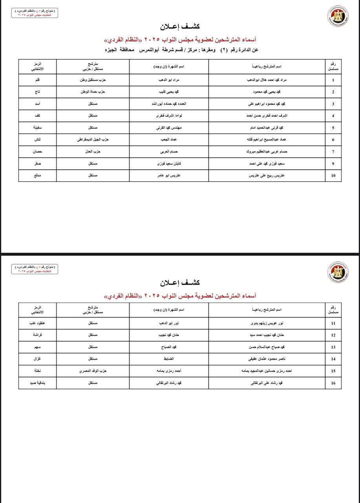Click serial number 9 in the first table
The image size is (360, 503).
333,163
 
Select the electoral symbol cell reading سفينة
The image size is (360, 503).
37,128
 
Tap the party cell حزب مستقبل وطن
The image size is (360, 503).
93,80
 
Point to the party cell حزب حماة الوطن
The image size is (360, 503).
93,92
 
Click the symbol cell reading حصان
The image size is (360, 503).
37,152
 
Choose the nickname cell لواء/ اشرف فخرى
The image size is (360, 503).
169,116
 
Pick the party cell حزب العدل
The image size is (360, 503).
93,152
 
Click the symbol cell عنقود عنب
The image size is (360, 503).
37,323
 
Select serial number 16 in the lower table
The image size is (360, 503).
333,383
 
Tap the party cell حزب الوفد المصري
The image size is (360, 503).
93,371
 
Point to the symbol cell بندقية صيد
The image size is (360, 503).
37,383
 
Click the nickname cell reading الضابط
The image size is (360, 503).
169,359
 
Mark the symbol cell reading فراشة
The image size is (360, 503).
37,335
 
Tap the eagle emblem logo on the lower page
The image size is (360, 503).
338,272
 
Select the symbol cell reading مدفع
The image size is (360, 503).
37,176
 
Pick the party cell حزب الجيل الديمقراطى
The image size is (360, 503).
93,140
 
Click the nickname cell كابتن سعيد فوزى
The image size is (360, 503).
169,163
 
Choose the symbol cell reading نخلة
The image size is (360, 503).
37,371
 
